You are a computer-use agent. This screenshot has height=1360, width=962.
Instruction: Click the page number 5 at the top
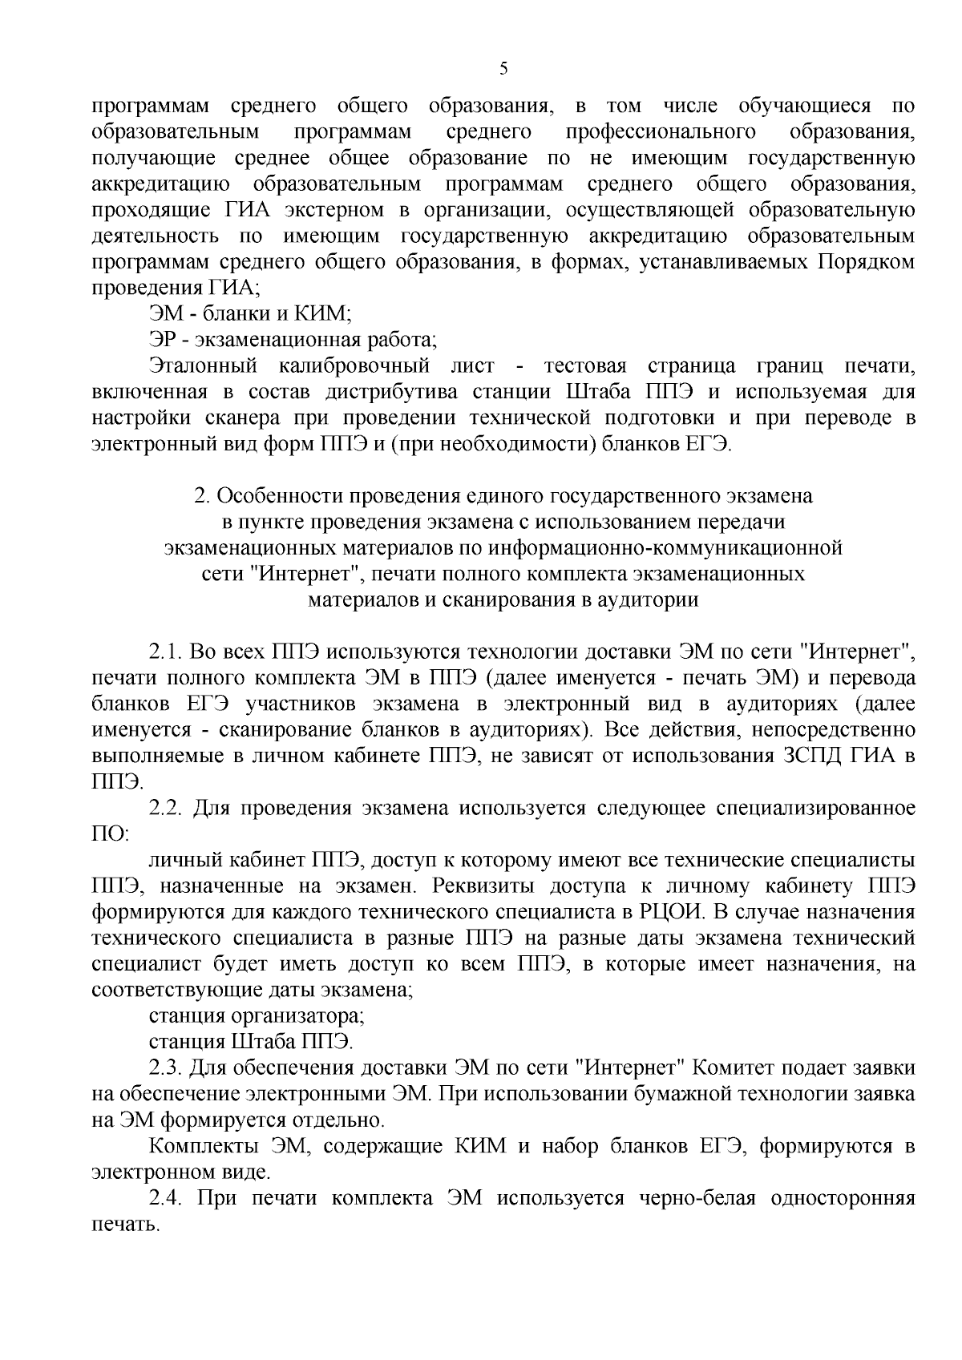click(x=503, y=69)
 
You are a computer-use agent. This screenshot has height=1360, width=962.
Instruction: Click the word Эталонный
click(x=203, y=366)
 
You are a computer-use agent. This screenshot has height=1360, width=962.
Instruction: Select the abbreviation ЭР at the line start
click(x=162, y=340)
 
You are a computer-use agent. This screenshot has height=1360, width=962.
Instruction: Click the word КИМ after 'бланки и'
click(x=318, y=313)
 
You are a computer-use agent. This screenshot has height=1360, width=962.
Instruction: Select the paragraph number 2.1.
click(x=167, y=652)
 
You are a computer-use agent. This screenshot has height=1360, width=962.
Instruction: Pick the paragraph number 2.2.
click(x=167, y=807)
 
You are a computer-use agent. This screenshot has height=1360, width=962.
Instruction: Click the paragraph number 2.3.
click(x=167, y=1067)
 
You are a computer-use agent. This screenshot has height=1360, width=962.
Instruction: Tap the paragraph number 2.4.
click(x=167, y=1198)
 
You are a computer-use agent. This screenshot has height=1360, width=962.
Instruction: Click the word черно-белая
click(x=697, y=1198)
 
